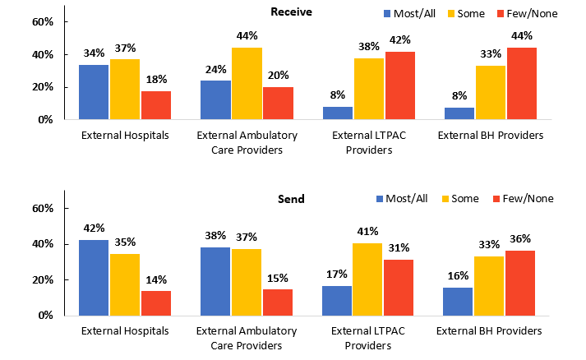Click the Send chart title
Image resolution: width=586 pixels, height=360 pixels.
point(291,199)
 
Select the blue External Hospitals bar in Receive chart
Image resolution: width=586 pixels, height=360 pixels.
point(94,92)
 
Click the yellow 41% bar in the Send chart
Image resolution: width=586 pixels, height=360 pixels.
point(368,279)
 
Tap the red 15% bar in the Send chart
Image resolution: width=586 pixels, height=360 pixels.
point(278,302)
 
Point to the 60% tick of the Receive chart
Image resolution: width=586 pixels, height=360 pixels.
point(43,21)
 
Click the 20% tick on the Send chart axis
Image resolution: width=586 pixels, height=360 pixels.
point(43,279)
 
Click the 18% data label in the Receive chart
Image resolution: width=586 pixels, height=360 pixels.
point(156,79)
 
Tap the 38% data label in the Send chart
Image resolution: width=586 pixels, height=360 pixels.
point(215,235)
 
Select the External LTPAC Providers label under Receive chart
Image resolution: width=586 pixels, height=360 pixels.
point(368,142)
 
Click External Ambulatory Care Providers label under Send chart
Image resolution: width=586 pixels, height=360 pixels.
point(247,338)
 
